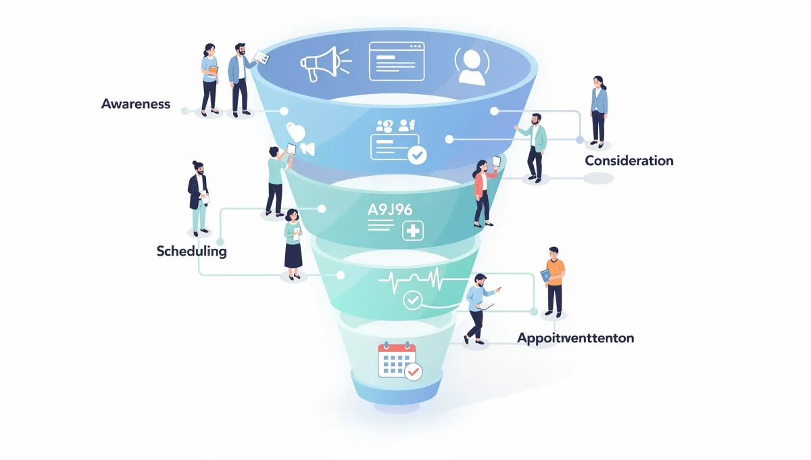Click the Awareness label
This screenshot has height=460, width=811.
coord(136,104)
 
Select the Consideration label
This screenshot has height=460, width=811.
coord(629,161)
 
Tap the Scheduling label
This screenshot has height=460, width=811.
coord(191,251)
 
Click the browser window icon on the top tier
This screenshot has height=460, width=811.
coord(396,61)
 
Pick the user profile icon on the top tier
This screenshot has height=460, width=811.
coord(471,66)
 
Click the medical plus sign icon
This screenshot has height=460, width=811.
coord(412,231)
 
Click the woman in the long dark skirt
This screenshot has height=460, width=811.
coord(293,244)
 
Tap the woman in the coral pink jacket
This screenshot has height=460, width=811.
coord(483,193)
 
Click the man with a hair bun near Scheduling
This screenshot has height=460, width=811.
coord(199,197)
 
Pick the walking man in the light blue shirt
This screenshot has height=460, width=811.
coord(479,308)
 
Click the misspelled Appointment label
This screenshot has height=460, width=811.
coord(575,337)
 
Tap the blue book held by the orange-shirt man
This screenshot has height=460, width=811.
coord(545,277)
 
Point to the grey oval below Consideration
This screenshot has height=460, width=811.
coord(598,179)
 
